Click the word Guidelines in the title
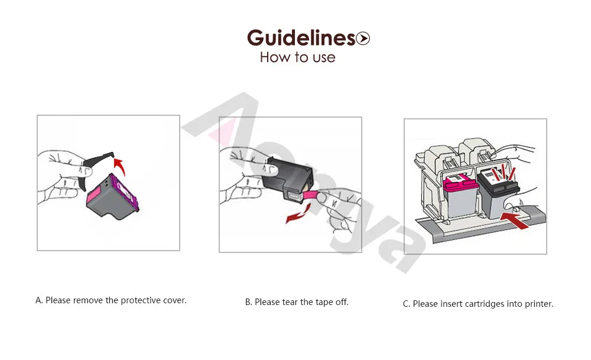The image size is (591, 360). pos(301,38)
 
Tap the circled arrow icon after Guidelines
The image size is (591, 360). pos(363,38)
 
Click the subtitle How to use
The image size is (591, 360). pos(297,57)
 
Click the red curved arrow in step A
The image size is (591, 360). pos(120,166)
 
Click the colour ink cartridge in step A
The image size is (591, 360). pos(112,197)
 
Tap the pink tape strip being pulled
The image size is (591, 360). pos(311,195)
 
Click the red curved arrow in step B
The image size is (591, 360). pos(298,213)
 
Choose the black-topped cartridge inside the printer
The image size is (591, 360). pos(497,194)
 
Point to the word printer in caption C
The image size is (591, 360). pos(539,304)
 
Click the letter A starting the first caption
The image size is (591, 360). pos(39,300)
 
